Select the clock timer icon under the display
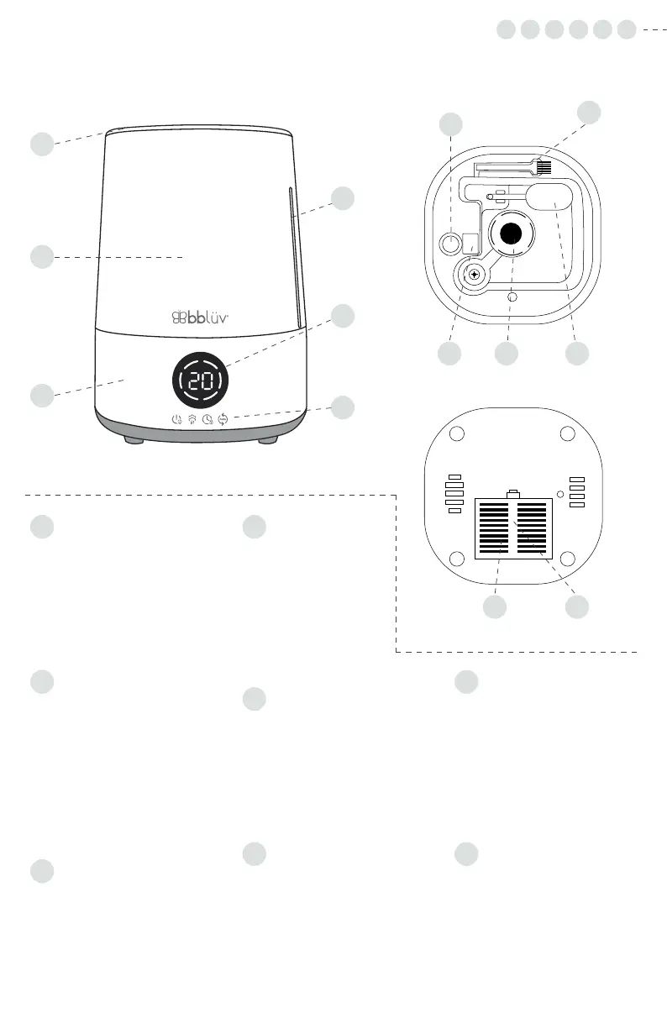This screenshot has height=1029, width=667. [x=207, y=420]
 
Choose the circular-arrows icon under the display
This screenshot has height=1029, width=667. [x=223, y=420]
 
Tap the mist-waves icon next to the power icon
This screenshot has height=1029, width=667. [x=192, y=420]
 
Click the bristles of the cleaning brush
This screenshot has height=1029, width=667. [x=544, y=167]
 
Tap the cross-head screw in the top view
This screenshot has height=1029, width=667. [x=475, y=274]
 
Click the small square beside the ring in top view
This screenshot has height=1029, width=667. [x=470, y=244]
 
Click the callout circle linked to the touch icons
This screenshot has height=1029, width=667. [x=342, y=408]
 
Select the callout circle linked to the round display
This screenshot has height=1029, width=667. [x=342, y=316]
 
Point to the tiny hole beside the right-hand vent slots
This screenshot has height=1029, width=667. [x=559, y=493]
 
